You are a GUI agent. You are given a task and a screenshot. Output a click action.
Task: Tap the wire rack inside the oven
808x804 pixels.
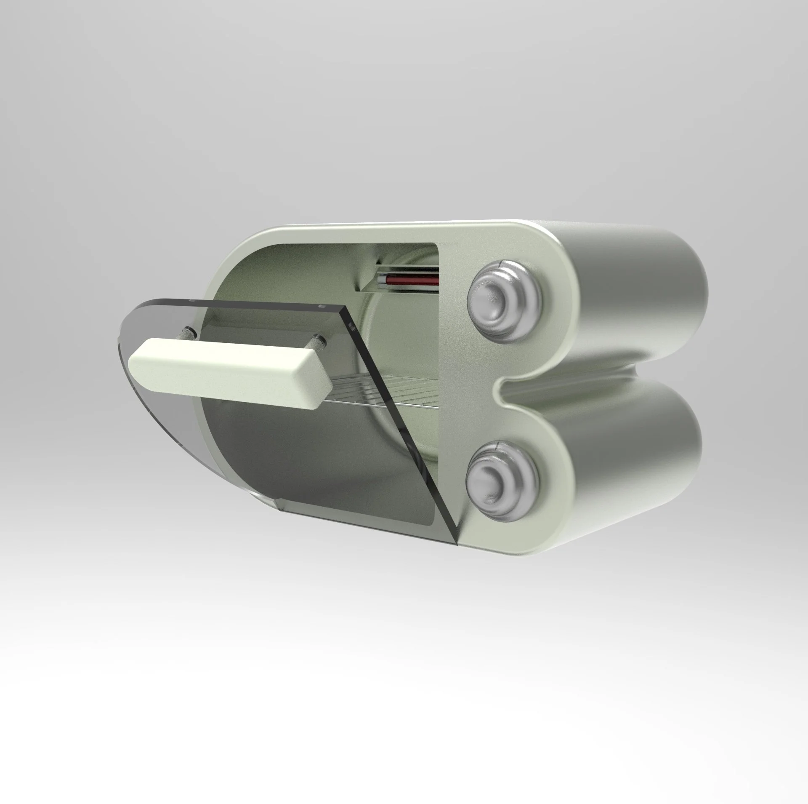(x=404, y=392)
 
